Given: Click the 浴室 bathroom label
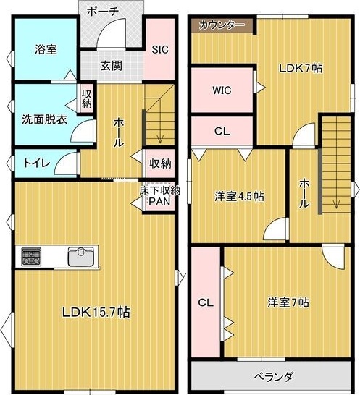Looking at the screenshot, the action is (46, 49).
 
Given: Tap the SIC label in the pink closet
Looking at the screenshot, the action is (160, 49).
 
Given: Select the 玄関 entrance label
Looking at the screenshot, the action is (112, 66).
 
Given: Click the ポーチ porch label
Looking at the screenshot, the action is (103, 12).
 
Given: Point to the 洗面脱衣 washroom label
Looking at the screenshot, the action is (44, 119).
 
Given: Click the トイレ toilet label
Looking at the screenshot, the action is (37, 163).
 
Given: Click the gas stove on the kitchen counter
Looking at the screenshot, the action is (32, 256).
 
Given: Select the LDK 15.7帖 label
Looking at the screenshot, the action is (96, 313).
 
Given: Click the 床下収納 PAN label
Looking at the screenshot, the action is (159, 196).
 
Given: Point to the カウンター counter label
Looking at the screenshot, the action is (222, 25).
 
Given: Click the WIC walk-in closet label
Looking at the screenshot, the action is (222, 90).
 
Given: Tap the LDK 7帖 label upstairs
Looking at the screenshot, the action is (301, 68).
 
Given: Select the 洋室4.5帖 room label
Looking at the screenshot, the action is (240, 196).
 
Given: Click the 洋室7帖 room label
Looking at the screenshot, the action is (288, 302).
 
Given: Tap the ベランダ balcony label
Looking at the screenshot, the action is (274, 377).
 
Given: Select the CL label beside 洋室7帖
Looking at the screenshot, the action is (206, 302).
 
